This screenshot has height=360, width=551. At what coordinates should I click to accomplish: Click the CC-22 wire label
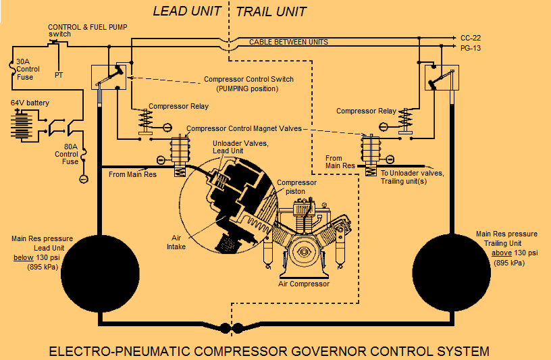tap(471, 38)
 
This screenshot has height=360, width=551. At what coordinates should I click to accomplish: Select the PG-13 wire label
tap(471, 48)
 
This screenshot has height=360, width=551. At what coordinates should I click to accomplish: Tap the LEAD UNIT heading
tap(188, 11)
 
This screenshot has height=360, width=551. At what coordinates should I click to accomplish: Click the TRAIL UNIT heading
tap(271, 11)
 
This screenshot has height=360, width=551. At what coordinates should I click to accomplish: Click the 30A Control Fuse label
tap(28, 69)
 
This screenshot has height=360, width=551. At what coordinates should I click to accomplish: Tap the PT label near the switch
tap(59, 75)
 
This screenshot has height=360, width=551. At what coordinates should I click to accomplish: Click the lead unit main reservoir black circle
tap(101, 263)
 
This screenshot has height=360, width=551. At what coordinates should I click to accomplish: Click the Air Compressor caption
tap(305, 284)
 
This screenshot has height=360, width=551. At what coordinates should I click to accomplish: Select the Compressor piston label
tap(297, 186)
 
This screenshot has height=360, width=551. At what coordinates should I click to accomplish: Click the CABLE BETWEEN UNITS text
tap(288, 42)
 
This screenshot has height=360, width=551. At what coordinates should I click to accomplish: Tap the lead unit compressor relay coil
tap(143, 122)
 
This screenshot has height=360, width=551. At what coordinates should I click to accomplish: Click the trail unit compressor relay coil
tap(405, 122)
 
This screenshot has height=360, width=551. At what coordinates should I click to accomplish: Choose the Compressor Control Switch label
tap(248, 79)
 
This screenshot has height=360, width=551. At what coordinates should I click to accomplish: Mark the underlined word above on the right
tap(502, 253)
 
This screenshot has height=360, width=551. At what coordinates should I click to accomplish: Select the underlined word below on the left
tap(24, 257)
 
